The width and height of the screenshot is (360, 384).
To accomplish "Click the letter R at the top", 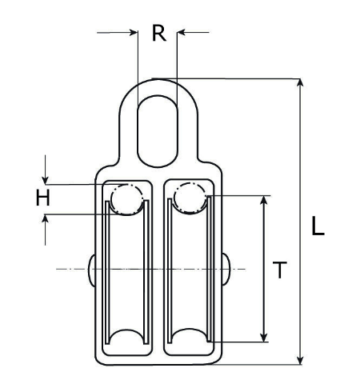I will click(158, 34).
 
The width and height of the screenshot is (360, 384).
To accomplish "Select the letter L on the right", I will click(318, 227).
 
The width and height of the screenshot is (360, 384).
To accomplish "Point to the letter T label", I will click(279, 270).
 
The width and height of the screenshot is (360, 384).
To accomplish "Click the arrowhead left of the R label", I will click(133, 33).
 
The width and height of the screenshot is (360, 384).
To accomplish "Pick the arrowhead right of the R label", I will click(182, 33).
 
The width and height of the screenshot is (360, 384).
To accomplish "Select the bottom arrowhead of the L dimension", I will click(301, 359).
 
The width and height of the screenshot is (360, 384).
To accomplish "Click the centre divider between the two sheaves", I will click(158, 268).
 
